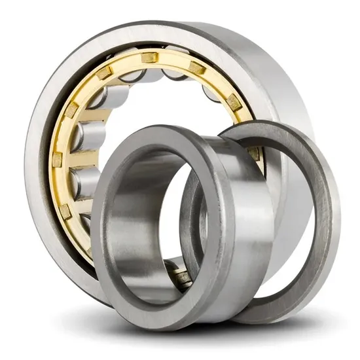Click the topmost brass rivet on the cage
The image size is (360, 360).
point(150,58)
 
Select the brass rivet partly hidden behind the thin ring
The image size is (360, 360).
point(253,153)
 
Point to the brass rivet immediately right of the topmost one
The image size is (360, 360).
point(196,68)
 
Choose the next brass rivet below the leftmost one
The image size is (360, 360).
point(65,211)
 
